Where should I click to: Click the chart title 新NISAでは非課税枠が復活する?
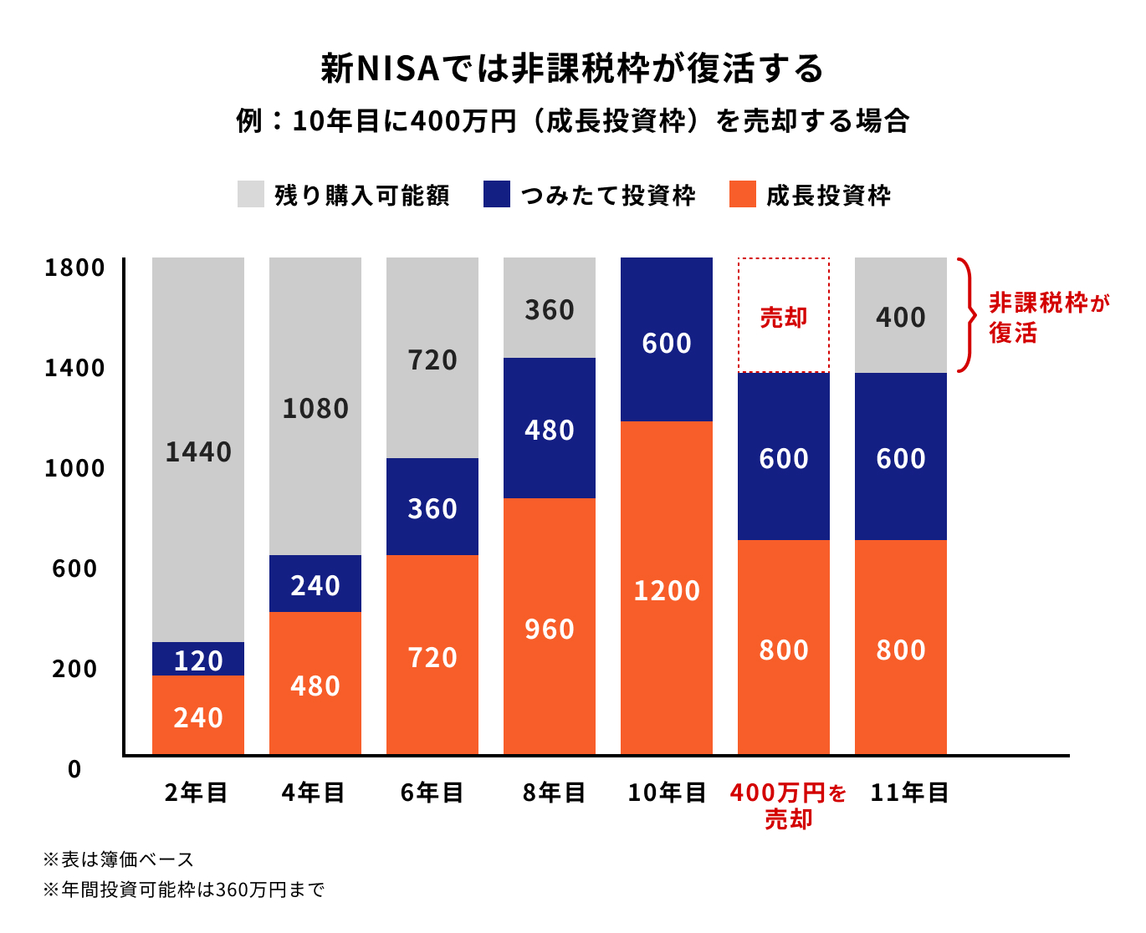pyautogui.click(x=572, y=69)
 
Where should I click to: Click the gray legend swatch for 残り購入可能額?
pyautogui.click(x=251, y=194)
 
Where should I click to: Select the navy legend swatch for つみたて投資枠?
pyautogui.click(x=496, y=194)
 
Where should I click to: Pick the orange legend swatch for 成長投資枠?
pyautogui.click(x=742, y=194)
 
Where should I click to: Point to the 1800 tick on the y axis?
pyautogui.click(x=75, y=268)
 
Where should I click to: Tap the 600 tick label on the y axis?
pyautogui.click(x=75, y=569)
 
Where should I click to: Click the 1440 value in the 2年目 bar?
pyautogui.click(x=198, y=452)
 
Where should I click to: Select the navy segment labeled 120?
pyautogui.click(x=198, y=660)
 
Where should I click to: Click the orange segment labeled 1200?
pyautogui.click(x=667, y=589)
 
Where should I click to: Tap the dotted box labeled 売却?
pyautogui.click(x=784, y=316)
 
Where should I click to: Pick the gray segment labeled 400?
pyautogui.click(x=901, y=316)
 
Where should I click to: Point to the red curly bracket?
pyautogui.click(x=968, y=315)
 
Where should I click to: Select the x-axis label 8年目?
pyautogui.click(x=554, y=793)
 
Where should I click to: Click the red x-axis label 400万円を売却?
pyautogui.click(x=788, y=805)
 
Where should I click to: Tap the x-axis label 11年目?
pyautogui.click(x=909, y=793)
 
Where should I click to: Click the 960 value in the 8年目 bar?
pyautogui.click(x=550, y=629)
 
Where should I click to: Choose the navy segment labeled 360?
pyautogui.click(x=432, y=507)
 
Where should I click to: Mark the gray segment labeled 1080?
pyautogui.click(x=315, y=409)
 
